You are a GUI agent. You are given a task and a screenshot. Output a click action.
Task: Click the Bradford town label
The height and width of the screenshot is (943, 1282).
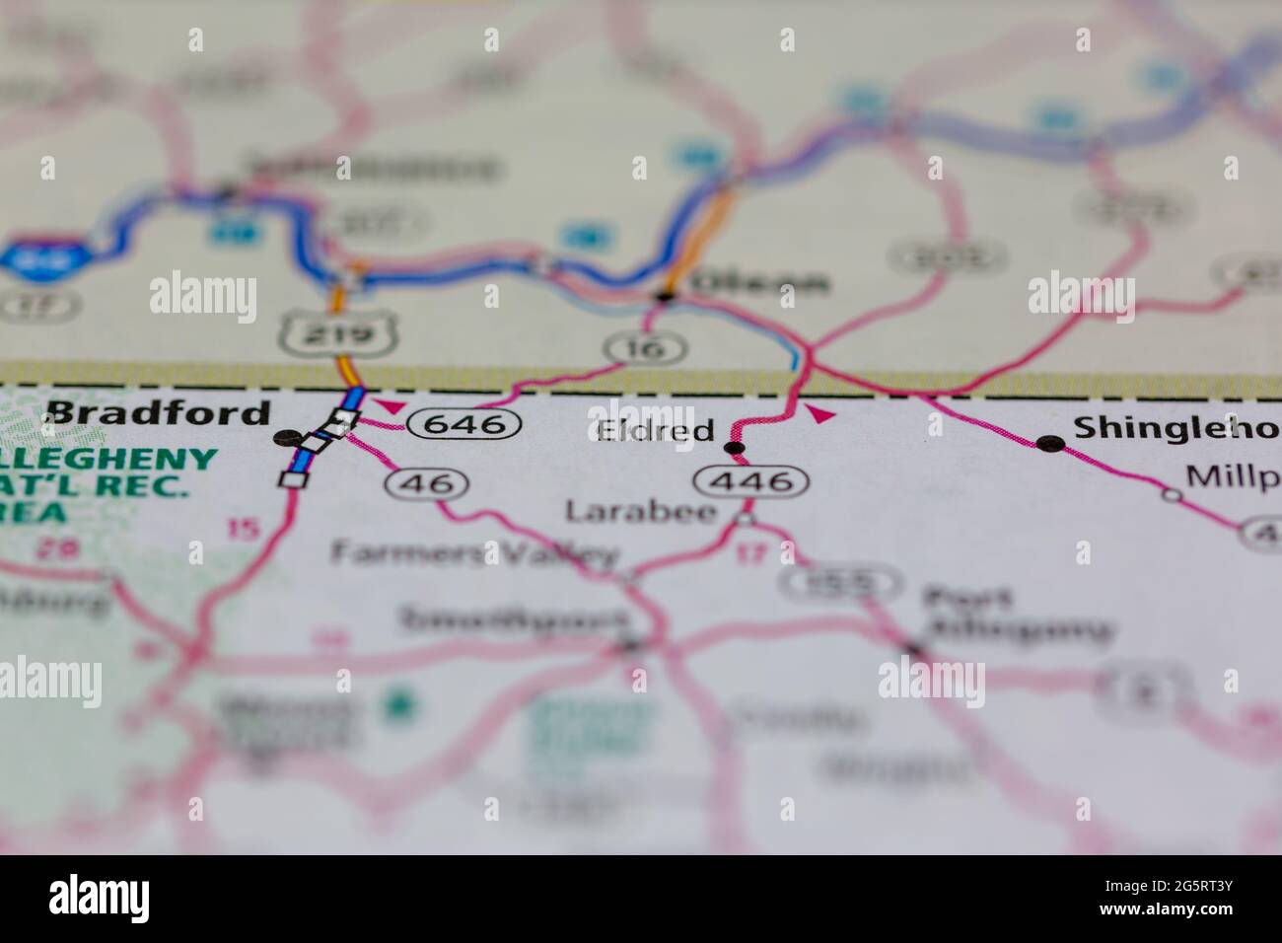[158, 412]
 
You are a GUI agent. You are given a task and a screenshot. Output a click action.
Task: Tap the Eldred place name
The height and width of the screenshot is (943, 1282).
[655, 431]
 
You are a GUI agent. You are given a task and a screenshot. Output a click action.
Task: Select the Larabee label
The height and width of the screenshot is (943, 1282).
[640, 510]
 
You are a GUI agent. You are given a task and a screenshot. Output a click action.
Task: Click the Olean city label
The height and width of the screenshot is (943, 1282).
[759, 284]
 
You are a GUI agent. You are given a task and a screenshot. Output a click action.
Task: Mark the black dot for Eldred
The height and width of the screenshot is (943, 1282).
[734, 448]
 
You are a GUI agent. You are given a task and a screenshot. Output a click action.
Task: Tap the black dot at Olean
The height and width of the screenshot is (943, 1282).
[666, 295]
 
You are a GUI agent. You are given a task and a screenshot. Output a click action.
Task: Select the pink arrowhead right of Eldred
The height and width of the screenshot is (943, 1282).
[819, 414]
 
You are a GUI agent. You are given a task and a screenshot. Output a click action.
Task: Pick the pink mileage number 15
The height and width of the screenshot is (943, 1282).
[244, 528]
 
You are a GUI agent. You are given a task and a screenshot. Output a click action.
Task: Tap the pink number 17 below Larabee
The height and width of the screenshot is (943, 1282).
[751, 553]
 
